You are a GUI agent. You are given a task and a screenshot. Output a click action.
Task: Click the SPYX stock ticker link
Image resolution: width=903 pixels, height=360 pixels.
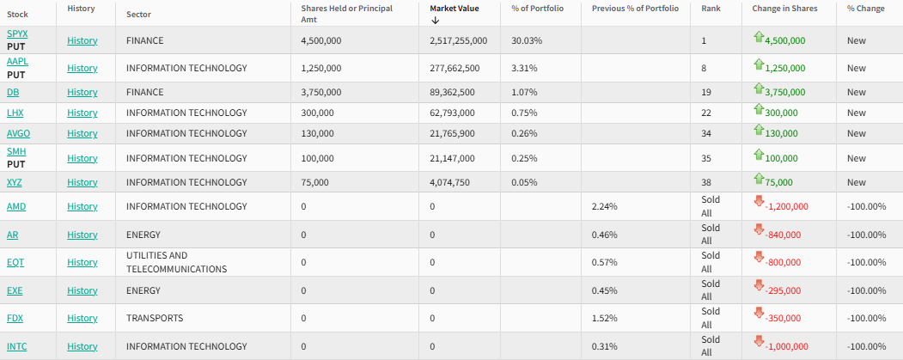16,34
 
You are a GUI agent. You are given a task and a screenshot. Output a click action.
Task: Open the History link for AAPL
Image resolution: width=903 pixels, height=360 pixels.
82,68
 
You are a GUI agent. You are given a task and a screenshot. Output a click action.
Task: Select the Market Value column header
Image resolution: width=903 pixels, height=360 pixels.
455,8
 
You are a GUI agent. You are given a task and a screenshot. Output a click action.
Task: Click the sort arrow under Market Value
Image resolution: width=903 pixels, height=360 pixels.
436,20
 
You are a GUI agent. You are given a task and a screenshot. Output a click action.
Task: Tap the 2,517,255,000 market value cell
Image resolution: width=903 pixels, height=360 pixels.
458,40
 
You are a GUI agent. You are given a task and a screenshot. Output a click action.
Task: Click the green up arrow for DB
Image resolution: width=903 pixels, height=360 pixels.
759,89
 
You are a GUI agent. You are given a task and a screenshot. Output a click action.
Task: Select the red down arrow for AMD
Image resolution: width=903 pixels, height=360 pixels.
759,201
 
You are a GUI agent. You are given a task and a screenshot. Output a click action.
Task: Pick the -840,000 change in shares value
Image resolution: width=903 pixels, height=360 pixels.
782,235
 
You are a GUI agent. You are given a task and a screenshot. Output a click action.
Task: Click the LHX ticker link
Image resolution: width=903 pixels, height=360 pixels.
15,113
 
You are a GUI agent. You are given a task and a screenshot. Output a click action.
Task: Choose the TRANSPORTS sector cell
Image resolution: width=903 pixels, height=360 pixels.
155,318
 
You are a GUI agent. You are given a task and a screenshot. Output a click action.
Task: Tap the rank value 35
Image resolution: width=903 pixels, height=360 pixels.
706,158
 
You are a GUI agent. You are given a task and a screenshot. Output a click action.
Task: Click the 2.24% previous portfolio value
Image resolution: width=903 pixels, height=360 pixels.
605,206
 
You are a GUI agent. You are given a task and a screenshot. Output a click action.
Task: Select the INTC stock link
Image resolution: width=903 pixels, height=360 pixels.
17,346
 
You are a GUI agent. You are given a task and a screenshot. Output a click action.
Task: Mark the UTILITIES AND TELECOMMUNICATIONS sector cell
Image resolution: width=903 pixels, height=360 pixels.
176,262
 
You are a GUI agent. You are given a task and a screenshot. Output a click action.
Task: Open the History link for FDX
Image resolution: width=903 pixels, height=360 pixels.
82,318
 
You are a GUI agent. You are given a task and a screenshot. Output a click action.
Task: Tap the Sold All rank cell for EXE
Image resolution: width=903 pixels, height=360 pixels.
711,290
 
